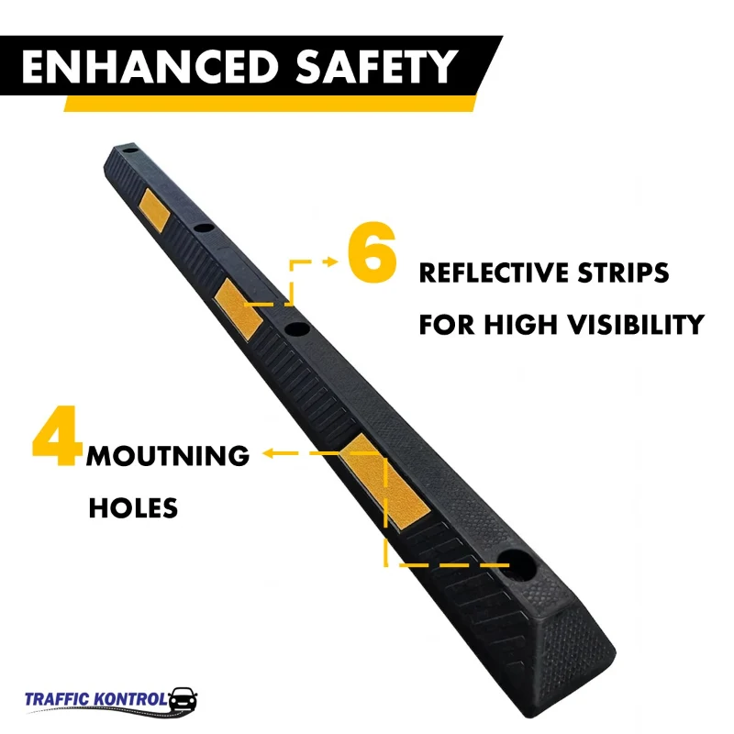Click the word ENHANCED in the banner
(x=150, y=66)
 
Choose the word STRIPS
(x=623, y=272)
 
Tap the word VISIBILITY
(x=635, y=324)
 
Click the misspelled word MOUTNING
(x=168, y=456)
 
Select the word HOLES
(x=133, y=508)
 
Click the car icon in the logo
(x=183, y=700)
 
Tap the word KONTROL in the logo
(x=129, y=699)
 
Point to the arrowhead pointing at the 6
(x=332, y=261)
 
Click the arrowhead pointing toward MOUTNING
(x=268, y=452)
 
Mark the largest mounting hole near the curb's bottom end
(x=517, y=566)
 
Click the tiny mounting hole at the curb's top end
(x=130, y=151)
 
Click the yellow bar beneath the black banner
(x=270, y=104)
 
